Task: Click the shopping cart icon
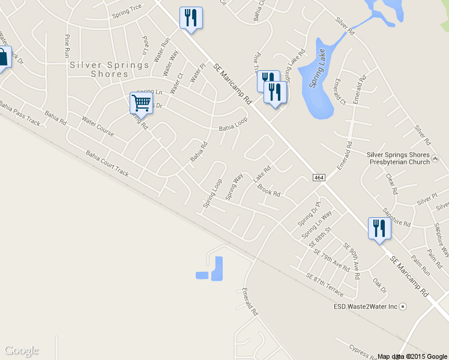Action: tap(141, 103)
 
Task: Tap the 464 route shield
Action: tap(319, 178)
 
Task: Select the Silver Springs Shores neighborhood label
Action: tap(109, 69)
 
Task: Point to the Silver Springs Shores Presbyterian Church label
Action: tap(398, 158)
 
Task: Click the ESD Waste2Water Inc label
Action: tap(366, 306)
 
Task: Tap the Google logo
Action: tap(22, 350)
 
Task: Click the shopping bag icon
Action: tap(3, 58)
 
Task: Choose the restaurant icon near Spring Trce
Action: tap(191, 18)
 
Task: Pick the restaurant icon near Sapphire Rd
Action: tap(379, 229)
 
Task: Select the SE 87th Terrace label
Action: tap(325, 285)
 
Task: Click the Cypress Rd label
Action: tap(364, 350)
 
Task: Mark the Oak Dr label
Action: tap(379, 285)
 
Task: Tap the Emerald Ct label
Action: tap(340, 91)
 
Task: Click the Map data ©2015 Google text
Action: tap(412, 356)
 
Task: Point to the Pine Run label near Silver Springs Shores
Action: tap(67, 45)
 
